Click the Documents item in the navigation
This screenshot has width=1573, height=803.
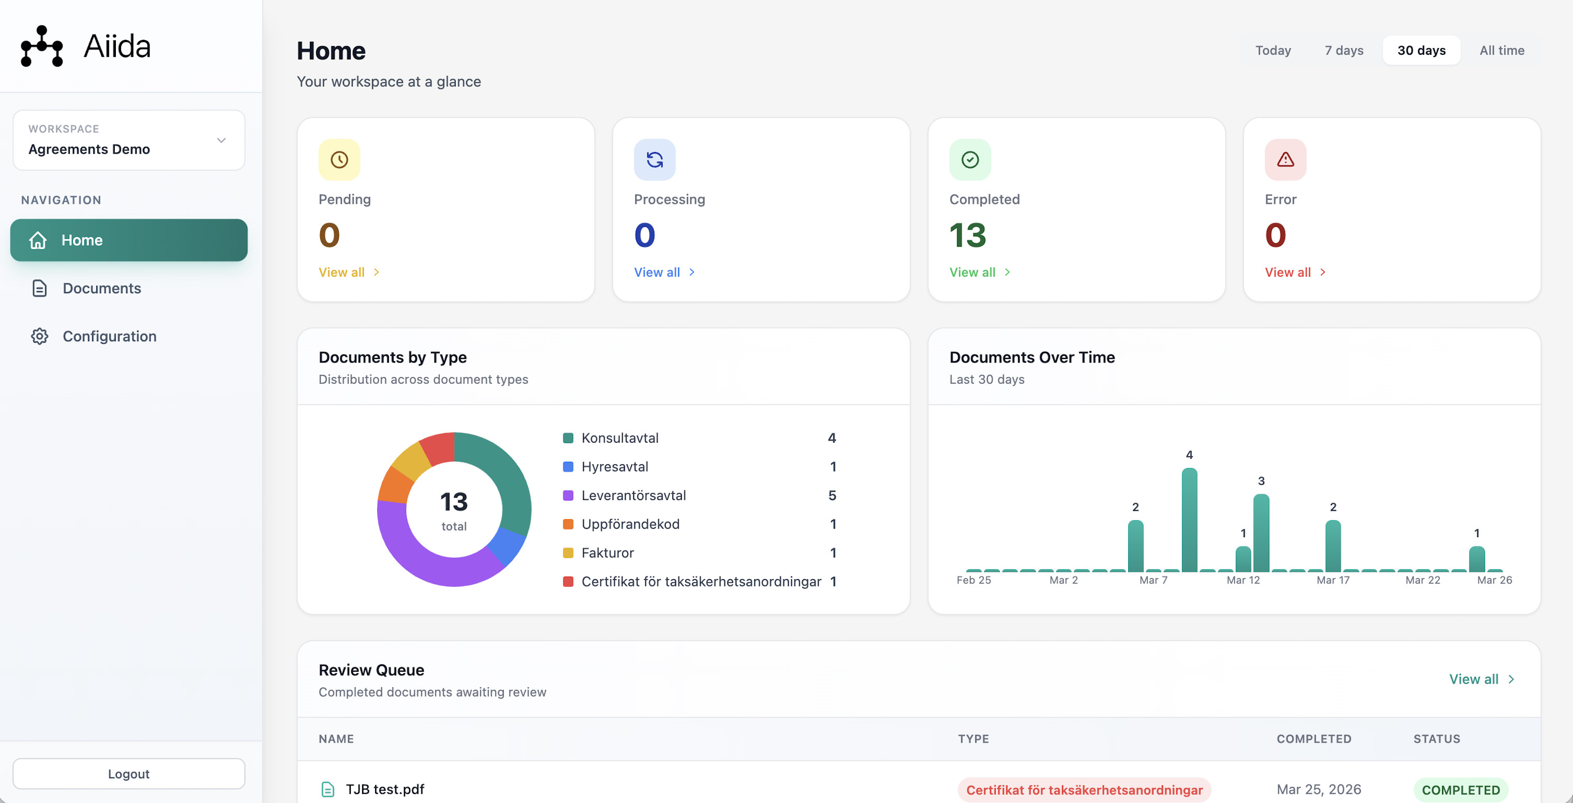tap(101, 288)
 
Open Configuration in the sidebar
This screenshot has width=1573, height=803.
tap(109, 336)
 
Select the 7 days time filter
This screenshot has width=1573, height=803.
tap(1343, 50)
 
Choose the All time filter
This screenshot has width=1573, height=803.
tap(1501, 50)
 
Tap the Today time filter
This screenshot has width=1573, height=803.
tap(1272, 50)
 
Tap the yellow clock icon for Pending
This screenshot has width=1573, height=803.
tap(339, 160)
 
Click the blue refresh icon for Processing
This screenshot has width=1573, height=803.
tap(655, 160)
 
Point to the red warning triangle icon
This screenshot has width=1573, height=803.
tap(1285, 160)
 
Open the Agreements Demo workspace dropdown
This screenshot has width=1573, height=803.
tap(129, 140)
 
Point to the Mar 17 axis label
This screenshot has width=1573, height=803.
tap(1332, 580)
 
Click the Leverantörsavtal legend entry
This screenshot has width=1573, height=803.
tap(633, 495)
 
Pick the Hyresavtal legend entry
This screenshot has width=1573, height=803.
tap(615, 467)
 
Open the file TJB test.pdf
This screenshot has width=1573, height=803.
tap(385, 789)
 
